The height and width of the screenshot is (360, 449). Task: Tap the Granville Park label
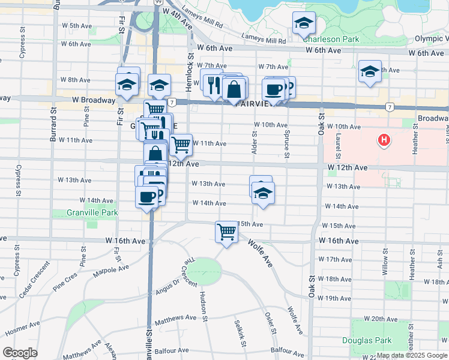pos(93,212)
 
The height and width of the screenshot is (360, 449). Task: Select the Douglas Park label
pos(376,340)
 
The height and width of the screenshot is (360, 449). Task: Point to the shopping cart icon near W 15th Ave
pos(226,231)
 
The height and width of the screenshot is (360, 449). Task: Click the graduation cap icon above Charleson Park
pos(304,23)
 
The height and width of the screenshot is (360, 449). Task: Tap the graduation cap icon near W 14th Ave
pos(262,193)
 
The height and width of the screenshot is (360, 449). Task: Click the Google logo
pos(20,353)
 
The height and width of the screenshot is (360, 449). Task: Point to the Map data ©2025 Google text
pos(411,355)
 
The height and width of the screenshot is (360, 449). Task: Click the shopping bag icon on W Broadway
pos(234,90)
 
